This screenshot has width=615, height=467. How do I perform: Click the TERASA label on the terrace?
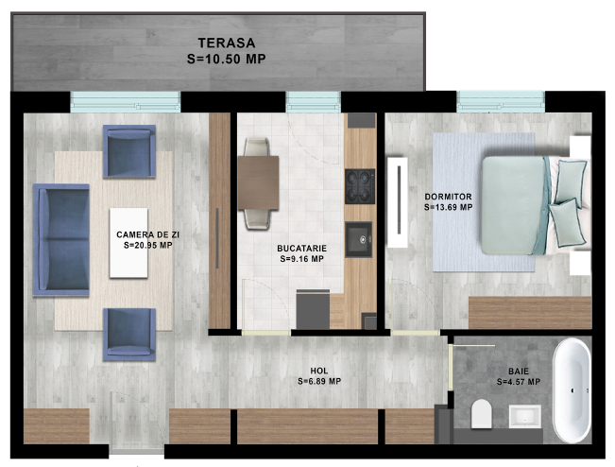click(x=227, y=43)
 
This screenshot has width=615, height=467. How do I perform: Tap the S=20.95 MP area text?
click(x=148, y=245)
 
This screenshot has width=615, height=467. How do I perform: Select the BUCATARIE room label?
click(x=301, y=249)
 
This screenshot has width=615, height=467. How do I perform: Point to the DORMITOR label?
click(x=449, y=197)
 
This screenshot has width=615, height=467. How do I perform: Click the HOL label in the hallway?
click(x=319, y=371)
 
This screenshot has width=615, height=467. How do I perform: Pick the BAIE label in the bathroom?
click(x=519, y=372)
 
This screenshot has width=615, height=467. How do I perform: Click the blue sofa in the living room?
click(x=61, y=240)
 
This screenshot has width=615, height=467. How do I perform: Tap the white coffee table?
click(x=128, y=243)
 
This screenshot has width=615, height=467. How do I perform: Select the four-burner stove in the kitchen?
click(x=360, y=186)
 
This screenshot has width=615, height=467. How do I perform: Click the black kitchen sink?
click(x=358, y=239)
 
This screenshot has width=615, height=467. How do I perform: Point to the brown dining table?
click(x=259, y=182)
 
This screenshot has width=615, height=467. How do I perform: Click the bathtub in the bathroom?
click(x=572, y=390)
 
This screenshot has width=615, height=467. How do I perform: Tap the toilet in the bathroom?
click(x=481, y=414)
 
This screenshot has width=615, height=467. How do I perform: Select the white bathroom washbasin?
click(x=525, y=417)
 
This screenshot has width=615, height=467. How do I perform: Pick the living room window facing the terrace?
click(x=125, y=102)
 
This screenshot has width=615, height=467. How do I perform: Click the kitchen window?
click(x=313, y=102)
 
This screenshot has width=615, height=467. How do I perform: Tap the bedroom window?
click(x=501, y=101)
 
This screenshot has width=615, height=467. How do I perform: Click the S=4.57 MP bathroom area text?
click(x=519, y=382)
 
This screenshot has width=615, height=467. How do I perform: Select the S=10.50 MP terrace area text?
click(x=227, y=59)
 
